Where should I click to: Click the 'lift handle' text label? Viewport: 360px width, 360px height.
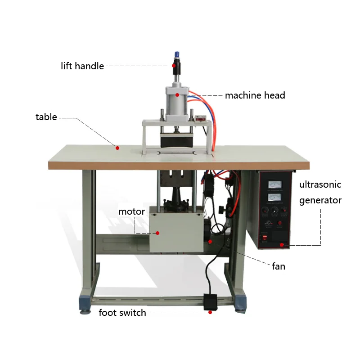tap(82, 66)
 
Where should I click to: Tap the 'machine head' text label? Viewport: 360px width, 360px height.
tap(255, 95)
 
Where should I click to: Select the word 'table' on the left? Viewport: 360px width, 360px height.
tap(46, 117)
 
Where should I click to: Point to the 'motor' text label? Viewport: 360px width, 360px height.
tap(131, 211)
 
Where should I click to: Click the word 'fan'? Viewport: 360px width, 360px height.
tap(279, 266)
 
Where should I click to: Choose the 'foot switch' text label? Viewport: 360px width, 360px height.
tap(122, 313)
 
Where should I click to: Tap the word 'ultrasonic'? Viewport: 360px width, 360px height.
tap(320, 184)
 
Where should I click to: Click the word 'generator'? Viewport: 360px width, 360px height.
tap(320, 200)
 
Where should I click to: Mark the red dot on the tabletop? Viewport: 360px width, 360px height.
tap(117, 147)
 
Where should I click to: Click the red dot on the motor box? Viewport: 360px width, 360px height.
tap(158, 233)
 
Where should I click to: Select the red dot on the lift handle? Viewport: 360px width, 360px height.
tap(174, 66)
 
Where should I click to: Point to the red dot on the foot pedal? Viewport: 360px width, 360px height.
tap(210, 312)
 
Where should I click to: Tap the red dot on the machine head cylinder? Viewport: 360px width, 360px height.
tap(177, 95)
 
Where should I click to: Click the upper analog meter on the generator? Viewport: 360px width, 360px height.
tap(274, 184)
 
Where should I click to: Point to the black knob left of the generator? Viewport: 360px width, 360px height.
tap(222, 210)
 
